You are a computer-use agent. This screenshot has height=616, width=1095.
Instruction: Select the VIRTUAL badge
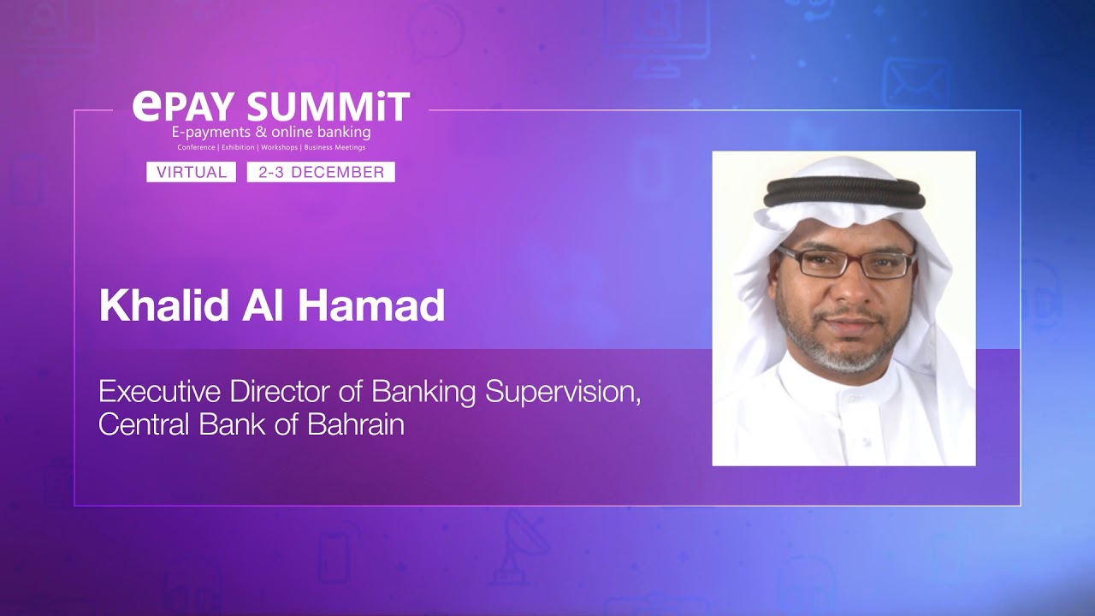pyautogui.click(x=191, y=172)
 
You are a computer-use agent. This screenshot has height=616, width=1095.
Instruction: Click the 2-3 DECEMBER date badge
pyautogui.click(x=321, y=172)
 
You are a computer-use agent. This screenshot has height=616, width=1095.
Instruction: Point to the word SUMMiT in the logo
pyautogui.click(x=328, y=108)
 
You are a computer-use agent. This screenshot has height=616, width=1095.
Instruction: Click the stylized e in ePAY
pyautogui.click(x=145, y=105)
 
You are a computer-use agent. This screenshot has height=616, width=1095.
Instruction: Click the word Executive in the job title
pyautogui.click(x=159, y=392)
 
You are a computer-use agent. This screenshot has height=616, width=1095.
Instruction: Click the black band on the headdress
pyautogui.click(x=844, y=192)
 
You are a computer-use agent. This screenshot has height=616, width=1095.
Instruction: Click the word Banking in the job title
pyautogui.click(x=423, y=392)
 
